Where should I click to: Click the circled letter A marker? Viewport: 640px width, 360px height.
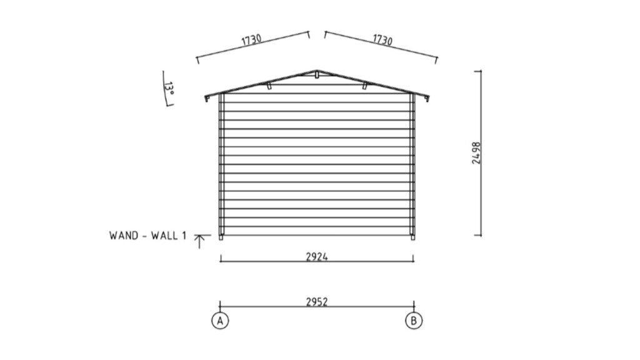[x=220, y=321]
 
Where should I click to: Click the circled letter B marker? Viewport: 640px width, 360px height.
[x=414, y=321]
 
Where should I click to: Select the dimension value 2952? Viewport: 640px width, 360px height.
[x=317, y=302]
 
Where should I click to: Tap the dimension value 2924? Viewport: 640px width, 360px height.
[x=317, y=257]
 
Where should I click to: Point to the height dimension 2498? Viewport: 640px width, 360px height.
[x=476, y=153]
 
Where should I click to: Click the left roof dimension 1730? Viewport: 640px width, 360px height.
[x=251, y=39]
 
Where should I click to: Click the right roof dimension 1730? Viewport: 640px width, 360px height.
[x=382, y=39]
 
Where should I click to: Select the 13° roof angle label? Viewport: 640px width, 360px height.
[x=169, y=89]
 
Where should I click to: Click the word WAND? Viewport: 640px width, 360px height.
[x=124, y=236]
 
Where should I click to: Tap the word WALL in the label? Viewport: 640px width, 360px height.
[x=164, y=236]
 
